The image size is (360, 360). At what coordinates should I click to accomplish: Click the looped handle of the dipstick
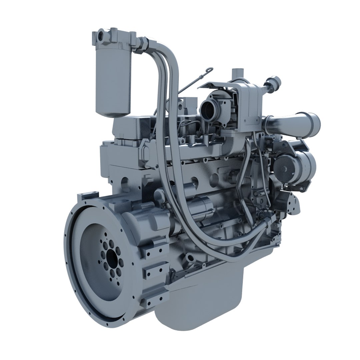209,70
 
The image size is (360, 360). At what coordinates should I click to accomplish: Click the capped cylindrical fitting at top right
275,82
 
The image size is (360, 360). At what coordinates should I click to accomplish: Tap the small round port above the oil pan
190,258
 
